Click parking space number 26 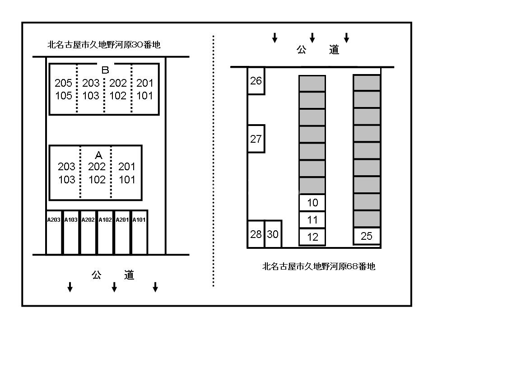pos(256,81)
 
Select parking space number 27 pos(256,139)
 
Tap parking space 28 pos(256,234)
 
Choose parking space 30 pos(273,234)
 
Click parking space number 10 pos(312,203)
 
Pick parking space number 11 pos(312,220)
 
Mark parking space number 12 pos(312,237)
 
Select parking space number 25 pos(367,236)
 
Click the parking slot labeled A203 pos(54,232)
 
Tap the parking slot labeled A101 pos(140,232)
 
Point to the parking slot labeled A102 pos(105,232)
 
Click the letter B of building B pos(105,70)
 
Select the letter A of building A pos(98,155)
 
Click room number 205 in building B pos(63,83)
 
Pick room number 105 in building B pos(63,96)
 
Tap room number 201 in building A pos(127,167)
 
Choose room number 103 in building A pos(67,180)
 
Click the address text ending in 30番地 pos(104,45)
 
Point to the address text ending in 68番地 pos(319,266)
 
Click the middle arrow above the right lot pos(312,37)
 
